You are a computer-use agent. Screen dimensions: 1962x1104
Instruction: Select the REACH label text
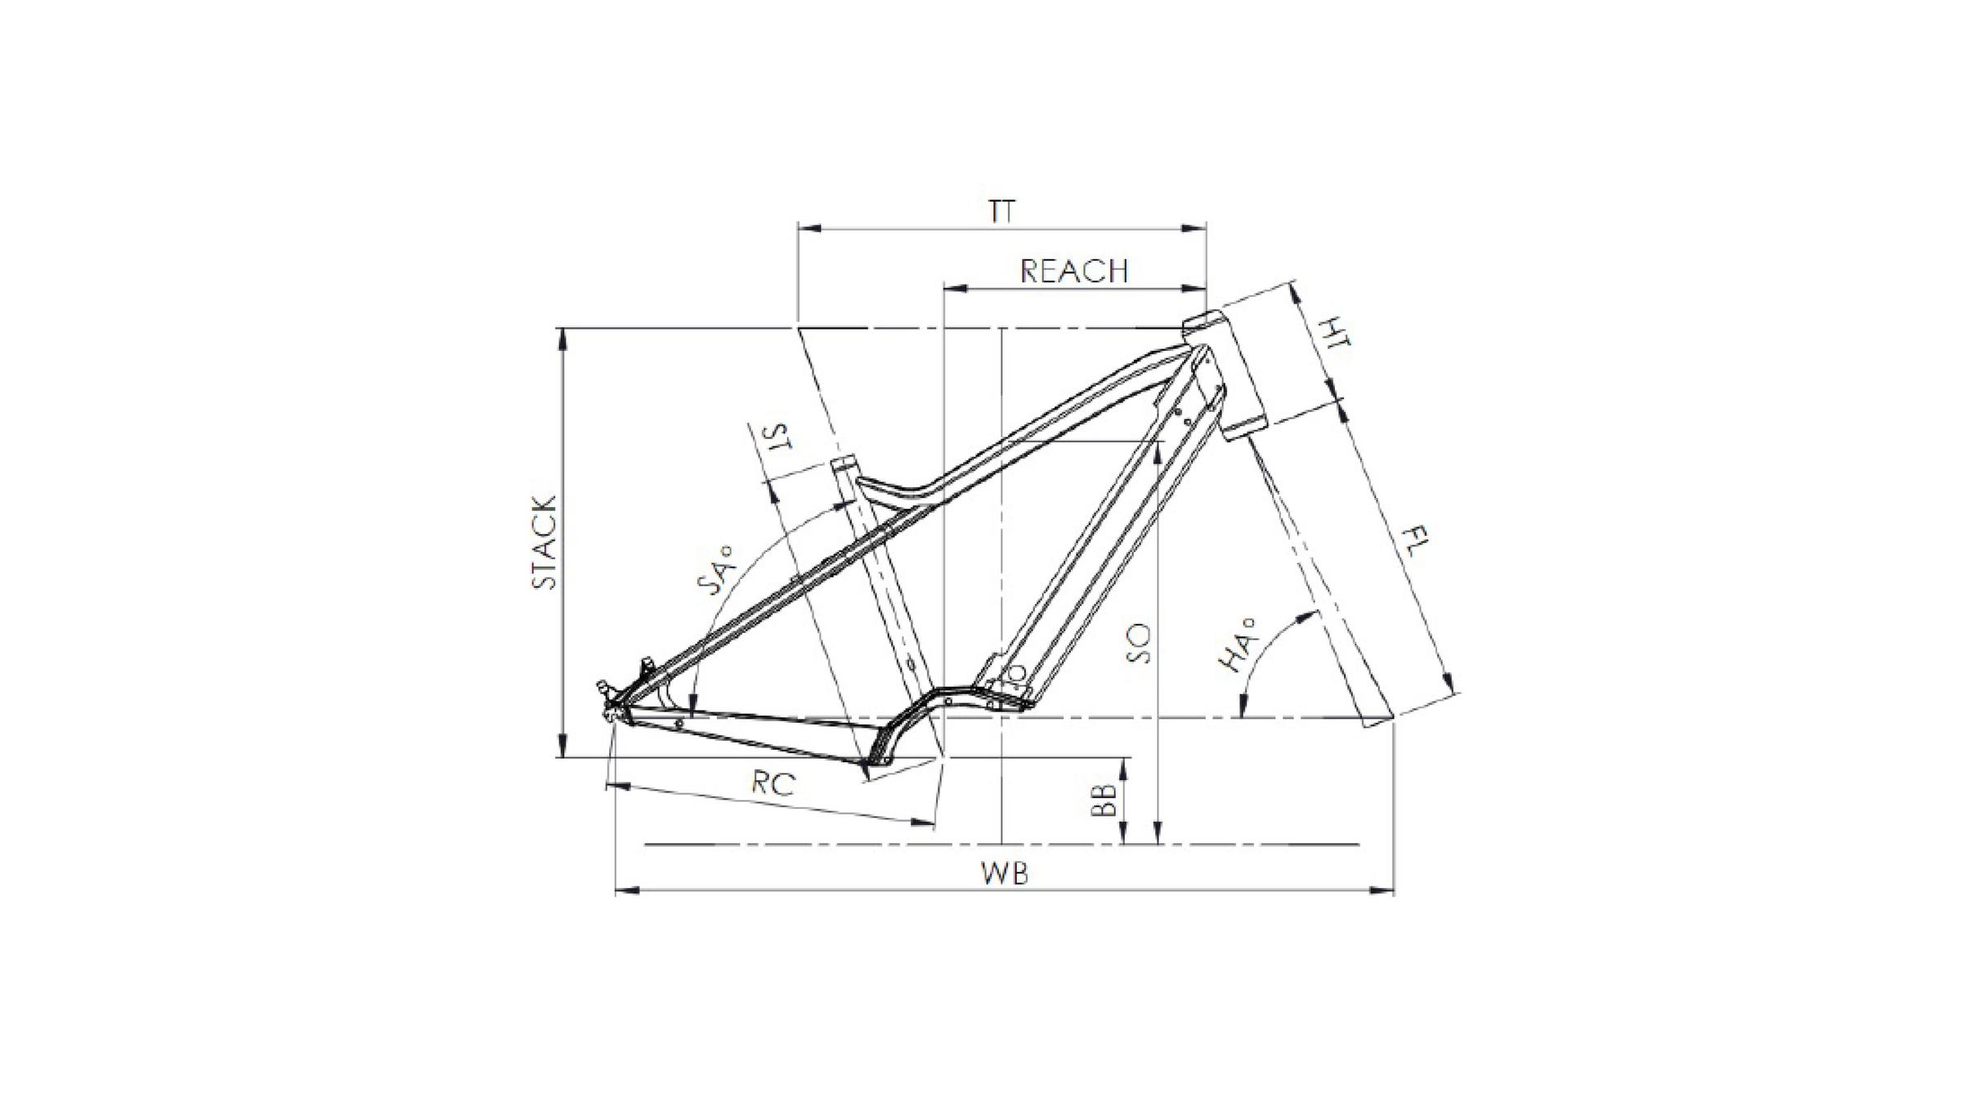1074,271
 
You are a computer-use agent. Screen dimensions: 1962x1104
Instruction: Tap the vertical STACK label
544,542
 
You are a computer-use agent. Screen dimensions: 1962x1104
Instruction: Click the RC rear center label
773,784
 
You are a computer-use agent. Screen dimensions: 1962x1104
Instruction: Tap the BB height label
1104,801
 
